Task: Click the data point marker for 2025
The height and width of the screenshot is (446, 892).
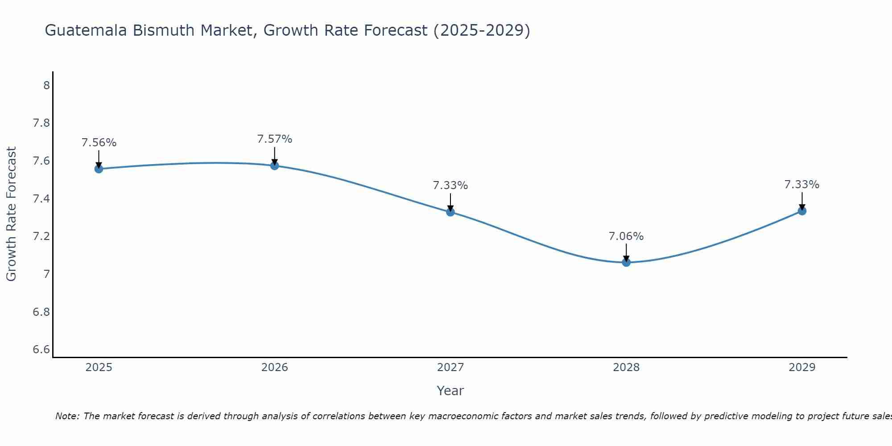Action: (x=99, y=169)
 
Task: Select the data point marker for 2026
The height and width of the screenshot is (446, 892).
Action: (x=274, y=165)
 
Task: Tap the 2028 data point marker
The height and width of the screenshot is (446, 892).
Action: (x=626, y=262)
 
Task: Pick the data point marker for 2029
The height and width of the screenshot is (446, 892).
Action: (x=802, y=211)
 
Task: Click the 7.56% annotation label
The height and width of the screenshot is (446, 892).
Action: (x=99, y=143)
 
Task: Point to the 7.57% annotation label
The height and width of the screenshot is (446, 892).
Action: (x=274, y=139)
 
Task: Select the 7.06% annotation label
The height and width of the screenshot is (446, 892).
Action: (x=626, y=236)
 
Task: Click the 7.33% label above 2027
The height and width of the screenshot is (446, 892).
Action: (x=450, y=186)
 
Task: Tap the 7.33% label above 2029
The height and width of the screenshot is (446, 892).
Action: (x=802, y=185)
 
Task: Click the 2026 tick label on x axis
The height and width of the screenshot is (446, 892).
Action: (x=274, y=368)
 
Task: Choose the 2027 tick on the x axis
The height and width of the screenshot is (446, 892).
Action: (x=450, y=368)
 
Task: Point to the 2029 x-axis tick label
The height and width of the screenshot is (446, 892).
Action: (x=802, y=368)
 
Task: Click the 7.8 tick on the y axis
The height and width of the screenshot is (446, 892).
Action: (x=41, y=123)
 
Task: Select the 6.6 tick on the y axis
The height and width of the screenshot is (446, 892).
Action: (x=41, y=349)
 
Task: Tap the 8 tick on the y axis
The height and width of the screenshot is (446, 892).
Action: (x=46, y=85)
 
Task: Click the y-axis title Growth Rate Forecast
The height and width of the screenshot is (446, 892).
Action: (x=11, y=214)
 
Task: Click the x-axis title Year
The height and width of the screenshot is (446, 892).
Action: (x=450, y=391)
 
